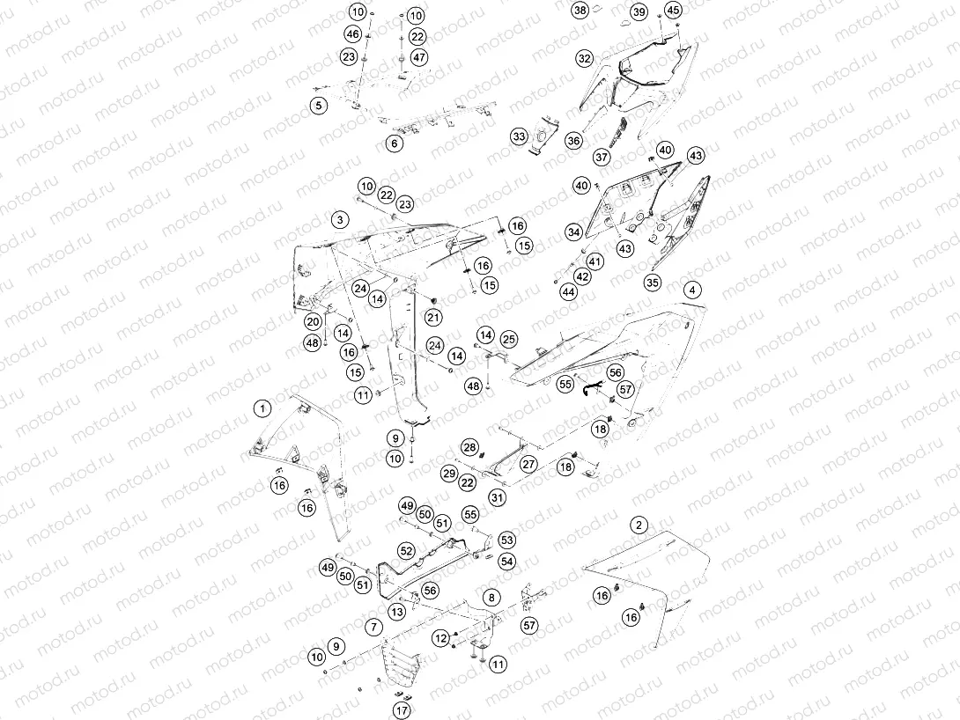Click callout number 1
tap(262, 408)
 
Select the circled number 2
tap(639, 525)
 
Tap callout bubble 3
tap(340, 220)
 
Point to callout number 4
tap(692, 290)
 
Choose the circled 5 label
tap(318, 106)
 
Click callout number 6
tap(395, 143)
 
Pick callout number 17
tap(402, 710)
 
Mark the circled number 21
tap(433, 317)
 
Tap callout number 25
tap(509, 339)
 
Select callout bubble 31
tap(497, 497)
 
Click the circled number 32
tap(585, 59)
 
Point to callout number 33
tap(519, 136)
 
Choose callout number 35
tap(653, 283)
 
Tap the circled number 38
tap(580, 10)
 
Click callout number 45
tap(673, 10)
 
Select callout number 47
tap(418, 57)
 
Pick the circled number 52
tap(407, 550)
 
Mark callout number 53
tap(507, 540)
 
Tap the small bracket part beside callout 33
tap(545, 133)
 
